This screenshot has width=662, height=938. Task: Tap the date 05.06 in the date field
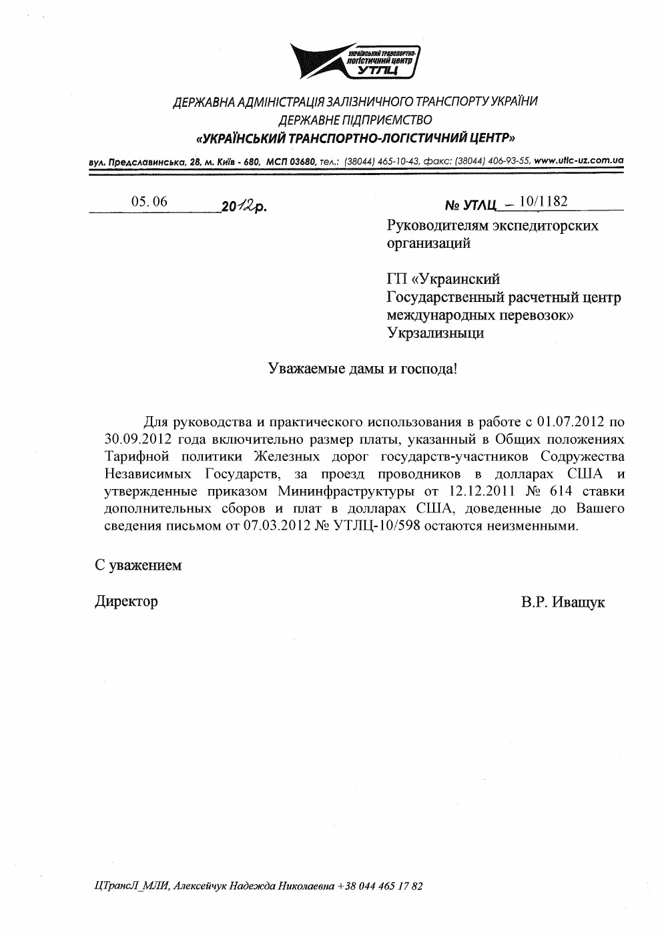(149, 201)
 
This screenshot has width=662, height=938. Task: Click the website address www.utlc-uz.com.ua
(579, 160)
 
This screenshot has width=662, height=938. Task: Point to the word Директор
(126, 601)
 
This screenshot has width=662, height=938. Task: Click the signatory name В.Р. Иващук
(563, 602)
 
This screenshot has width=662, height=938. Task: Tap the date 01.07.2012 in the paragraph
(566, 422)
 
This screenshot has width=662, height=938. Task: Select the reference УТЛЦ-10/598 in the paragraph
(367, 526)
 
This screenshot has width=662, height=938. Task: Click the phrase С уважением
(138, 565)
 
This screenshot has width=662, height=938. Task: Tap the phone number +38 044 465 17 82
(380, 887)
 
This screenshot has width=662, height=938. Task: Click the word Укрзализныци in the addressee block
(436, 332)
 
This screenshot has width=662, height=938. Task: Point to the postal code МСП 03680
(290, 161)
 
